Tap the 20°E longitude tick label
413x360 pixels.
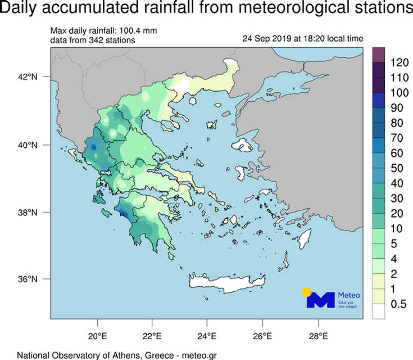coord(98,336)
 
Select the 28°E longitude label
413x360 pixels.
coord(318,336)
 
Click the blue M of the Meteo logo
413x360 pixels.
coord(320,299)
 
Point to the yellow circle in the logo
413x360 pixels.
coord(306,292)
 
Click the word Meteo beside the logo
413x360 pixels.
coord(350,295)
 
